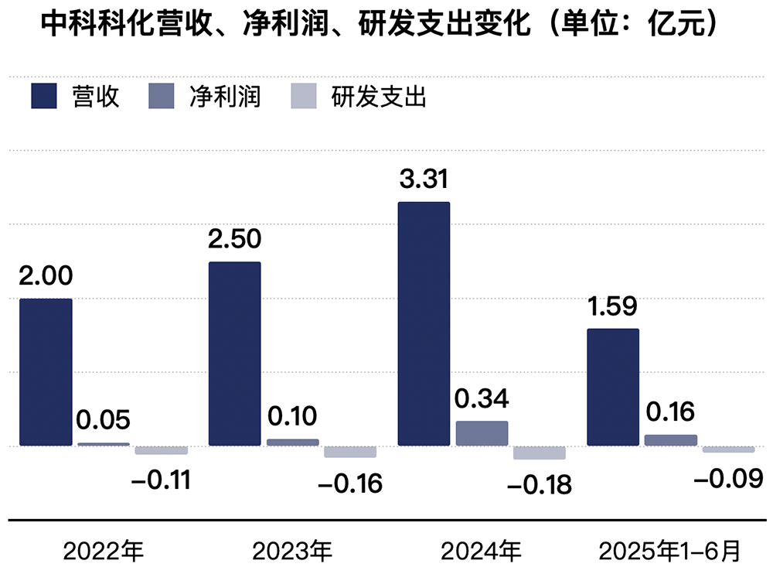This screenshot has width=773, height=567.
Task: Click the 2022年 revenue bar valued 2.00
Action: coord(46,372)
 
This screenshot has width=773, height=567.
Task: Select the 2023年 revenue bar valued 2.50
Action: coord(235,354)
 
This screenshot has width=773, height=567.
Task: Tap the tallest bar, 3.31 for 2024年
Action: coord(424,323)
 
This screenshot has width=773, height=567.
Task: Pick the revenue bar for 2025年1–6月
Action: coord(613,387)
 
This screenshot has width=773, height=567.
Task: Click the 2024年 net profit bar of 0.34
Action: coord(482,433)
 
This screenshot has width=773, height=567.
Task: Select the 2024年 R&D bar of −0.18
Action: coord(540,453)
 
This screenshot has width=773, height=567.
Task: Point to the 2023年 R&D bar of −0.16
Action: coord(350,452)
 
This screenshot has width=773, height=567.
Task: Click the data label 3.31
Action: coord(423,179)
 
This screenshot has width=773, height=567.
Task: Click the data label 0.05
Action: coord(103,421)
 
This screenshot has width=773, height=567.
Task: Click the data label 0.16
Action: coord(669,412)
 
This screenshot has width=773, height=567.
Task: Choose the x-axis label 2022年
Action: coord(104,551)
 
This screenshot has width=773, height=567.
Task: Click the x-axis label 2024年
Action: coord(481,551)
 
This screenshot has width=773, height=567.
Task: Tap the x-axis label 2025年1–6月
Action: coord(670,551)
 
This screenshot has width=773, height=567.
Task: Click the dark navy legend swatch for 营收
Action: coord(44,98)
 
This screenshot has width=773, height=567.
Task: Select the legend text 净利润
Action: coord(224,98)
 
